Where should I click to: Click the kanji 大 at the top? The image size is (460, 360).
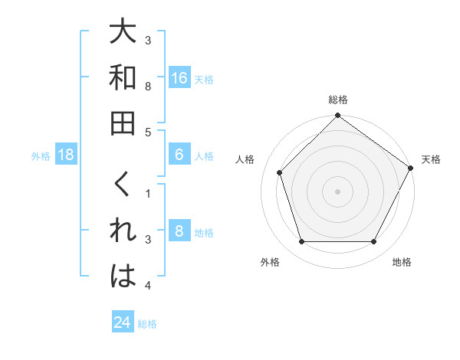pyautogui.click(x=123, y=33)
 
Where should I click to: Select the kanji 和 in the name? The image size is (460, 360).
pyautogui.click(x=123, y=77)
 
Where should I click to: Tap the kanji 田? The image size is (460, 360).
pyautogui.click(x=123, y=123)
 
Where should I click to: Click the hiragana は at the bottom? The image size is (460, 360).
pyautogui.click(x=123, y=277)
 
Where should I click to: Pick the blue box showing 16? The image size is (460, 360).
pyautogui.click(x=179, y=77)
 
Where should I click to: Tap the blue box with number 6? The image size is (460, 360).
pyautogui.click(x=179, y=155)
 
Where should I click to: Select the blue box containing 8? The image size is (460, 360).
pyautogui.click(x=179, y=231)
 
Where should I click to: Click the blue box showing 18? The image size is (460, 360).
pyautogui.click(x=67, y=155)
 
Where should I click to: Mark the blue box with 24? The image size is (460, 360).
pyautogui.click(x=123, y=322)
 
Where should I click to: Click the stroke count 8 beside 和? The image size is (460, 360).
pyautogui.click(x=148, y=86)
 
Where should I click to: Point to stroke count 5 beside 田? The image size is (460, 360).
pyautogui.click(x=148, y=132)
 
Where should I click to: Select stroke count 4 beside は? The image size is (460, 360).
pyautogui.click(x=148, y=286)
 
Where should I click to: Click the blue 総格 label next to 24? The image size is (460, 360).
pyautogui.click(x=147, y=324)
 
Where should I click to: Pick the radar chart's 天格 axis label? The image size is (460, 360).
pyautogui.click(x=431, y=159)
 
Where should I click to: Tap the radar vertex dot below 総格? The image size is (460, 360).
pyautogui.click(x=337, y=116)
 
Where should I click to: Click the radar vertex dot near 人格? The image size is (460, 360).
pyautogui.click(x=280, y=172)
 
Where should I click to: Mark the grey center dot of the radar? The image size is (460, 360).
pyautogui.click(x=337, y=191)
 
